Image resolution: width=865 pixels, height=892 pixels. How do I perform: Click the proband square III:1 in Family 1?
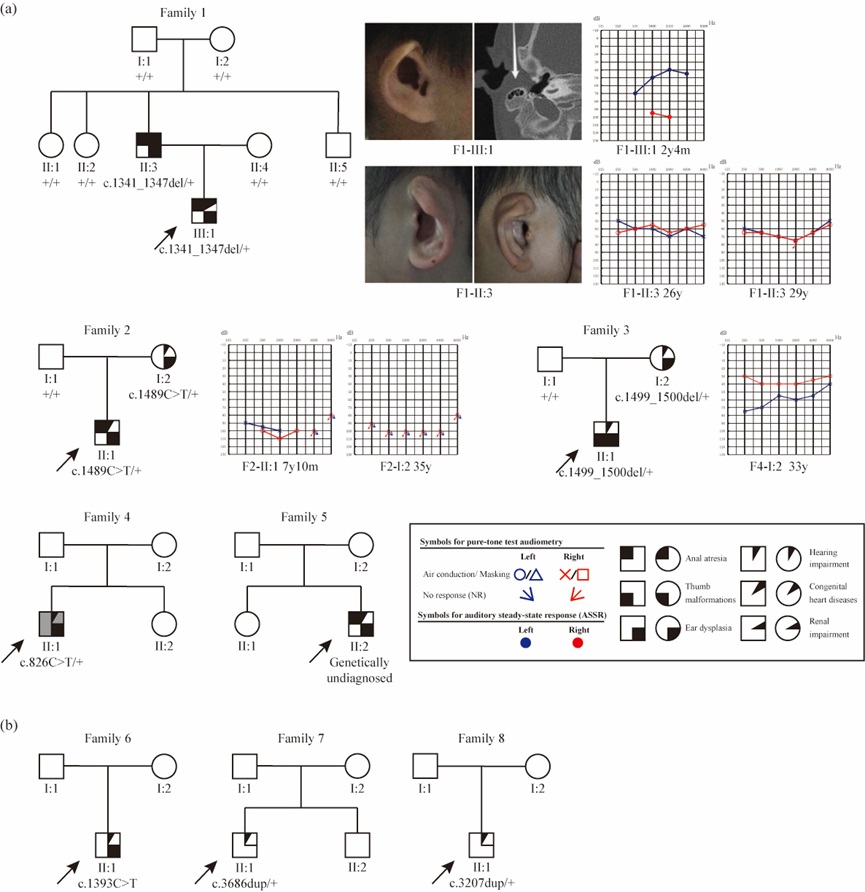click(204, 209)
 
